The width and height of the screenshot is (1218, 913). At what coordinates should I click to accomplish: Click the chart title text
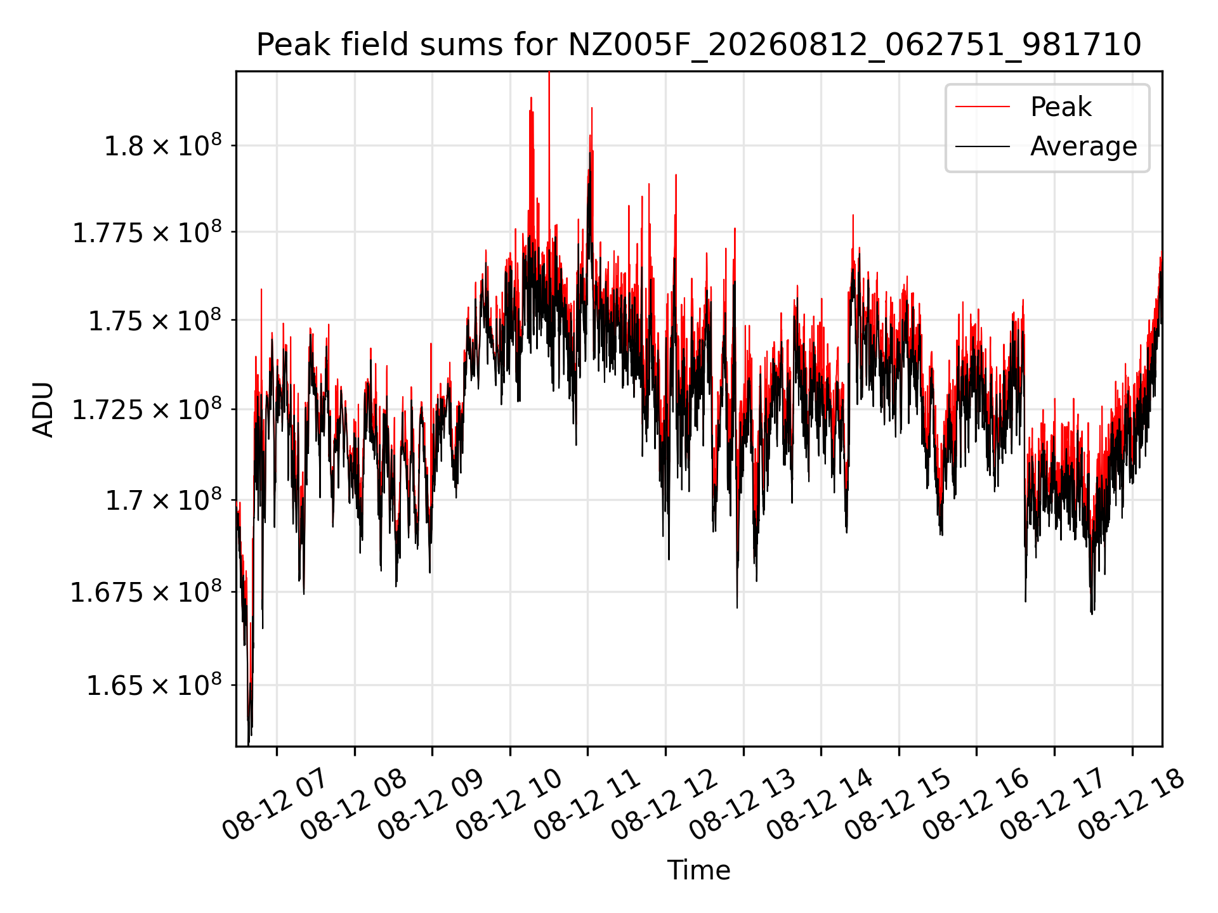[x=698, y=45]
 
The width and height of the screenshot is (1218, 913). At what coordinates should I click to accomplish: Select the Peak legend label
[x=1061, y=107]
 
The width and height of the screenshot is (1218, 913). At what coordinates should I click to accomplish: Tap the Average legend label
[x=1084, y=146]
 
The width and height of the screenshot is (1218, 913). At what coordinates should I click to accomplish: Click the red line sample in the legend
[x=983, y=107]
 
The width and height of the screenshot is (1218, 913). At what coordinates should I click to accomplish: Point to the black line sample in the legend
[x=983, y=146]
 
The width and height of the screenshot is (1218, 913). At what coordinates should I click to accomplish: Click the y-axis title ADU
[x=43, y=409]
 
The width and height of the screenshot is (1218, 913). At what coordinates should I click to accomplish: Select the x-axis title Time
[x=698, y=870]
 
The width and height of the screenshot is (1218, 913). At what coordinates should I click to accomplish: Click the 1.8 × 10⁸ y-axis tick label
[x=163, y=145]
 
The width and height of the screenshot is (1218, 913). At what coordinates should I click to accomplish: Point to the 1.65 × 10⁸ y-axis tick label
[x=154, y=685]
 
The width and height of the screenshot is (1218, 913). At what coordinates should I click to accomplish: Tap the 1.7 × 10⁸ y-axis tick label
[x=163, y=500]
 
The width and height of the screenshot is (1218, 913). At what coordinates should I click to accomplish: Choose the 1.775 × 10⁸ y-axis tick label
[x=147, y=232]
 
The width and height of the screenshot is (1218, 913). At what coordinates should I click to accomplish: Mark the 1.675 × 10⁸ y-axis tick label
[x=147, y=592]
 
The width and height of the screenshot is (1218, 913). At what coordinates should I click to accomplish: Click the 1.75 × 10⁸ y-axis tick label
[x=155, y=320]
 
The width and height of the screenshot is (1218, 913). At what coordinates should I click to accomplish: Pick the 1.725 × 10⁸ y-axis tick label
[x=147, y=410]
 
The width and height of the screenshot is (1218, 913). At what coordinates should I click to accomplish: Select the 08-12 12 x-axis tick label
[x=664, y=804]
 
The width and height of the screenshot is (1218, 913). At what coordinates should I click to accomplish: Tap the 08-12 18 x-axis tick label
[x=1131, y=804]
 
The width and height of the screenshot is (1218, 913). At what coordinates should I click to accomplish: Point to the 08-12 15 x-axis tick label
[x=898, y=804]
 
